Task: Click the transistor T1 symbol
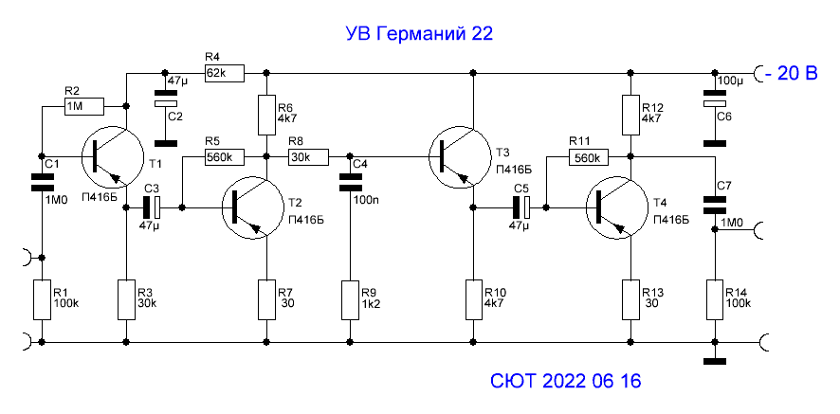[x=107, y=159]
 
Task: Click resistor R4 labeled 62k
[x=224, y=72]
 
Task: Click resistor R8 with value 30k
[x=307, y=156]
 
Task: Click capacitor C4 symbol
[x=352, y=180]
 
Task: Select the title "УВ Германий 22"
[x=418, y=34]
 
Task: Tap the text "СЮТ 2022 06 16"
[x=566, y=382]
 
